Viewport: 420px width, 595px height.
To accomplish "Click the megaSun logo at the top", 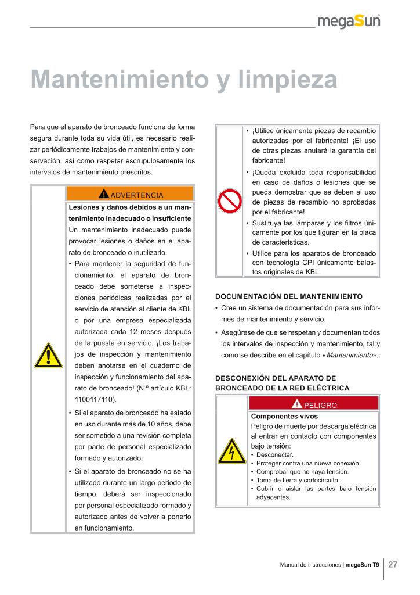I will point(349,22).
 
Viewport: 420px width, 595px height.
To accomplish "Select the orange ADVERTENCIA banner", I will point(130,194).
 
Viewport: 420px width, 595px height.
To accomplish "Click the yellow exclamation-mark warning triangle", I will point(48,356).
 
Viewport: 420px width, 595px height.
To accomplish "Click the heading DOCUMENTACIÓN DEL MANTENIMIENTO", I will point(288,296).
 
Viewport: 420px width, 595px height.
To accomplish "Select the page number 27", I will point(393,564).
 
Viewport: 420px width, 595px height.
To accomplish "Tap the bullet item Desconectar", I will point(275,454).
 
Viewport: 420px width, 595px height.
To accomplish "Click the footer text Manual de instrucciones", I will point(310,565).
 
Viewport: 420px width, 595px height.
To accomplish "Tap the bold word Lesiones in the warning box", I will point(85,207).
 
